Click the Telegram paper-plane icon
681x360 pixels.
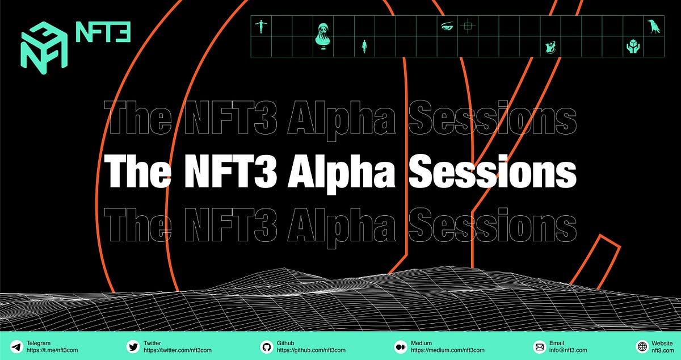point(16,346)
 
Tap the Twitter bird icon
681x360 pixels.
point(133,346)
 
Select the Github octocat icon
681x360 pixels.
point(266,346)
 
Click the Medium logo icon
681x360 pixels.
point(400,346)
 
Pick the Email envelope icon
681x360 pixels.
point(540,346)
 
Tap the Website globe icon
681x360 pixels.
point(642,346)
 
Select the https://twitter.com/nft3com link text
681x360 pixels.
point(177,350)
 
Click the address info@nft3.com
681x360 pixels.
point(568,350)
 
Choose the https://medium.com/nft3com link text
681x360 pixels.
point(448,350)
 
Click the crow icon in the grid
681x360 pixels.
point(654,26)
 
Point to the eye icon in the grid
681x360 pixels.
point(447,26)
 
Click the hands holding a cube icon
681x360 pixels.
point(633,47)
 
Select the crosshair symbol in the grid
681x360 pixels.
point(468,26)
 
